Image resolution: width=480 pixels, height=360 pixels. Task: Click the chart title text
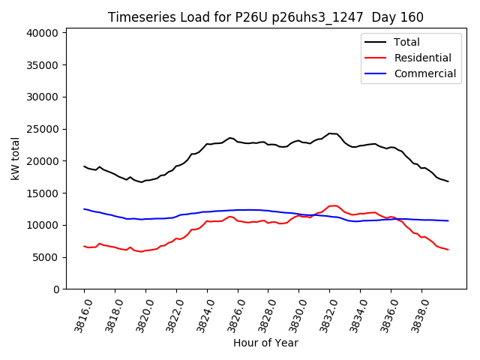265,17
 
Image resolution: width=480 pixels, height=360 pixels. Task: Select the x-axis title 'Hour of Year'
265,343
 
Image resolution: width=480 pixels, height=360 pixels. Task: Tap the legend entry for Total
406,42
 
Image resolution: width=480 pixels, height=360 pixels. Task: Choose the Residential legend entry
422,58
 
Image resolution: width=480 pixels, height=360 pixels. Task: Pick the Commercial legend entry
424,73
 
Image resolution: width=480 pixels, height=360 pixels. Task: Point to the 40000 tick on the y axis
43,33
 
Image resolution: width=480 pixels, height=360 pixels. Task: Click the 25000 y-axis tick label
43,129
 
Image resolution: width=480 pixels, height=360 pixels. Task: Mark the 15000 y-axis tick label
43,193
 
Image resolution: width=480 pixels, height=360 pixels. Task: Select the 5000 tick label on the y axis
46,257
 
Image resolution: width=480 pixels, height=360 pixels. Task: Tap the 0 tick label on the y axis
55,289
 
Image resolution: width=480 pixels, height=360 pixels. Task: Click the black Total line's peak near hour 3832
330,133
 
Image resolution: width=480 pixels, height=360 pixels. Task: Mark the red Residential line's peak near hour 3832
331,205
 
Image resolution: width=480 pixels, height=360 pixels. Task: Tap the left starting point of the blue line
84,209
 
